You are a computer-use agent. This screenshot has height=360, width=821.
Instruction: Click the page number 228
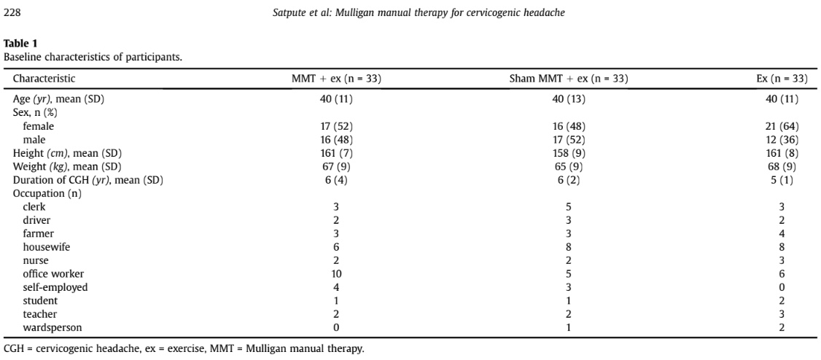click(12, 14)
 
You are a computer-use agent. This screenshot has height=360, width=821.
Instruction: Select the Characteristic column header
click(44, 79)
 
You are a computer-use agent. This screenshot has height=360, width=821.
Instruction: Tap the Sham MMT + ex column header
click(568, 79)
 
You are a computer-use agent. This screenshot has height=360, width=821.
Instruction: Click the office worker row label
click(46, 274)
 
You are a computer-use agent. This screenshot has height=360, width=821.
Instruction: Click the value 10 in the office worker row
click(337, 274)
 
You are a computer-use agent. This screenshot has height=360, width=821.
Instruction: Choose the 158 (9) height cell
click(569, 154)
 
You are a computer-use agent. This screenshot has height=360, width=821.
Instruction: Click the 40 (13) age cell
click(569, 99)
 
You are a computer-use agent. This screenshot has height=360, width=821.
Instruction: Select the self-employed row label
click(48, 287)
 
